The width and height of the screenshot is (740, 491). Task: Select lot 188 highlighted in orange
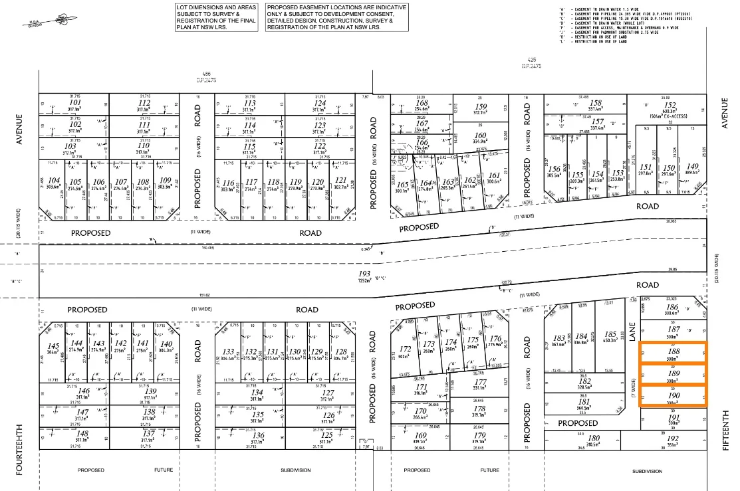tap(674, 351)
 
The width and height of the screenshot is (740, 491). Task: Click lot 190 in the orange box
tap(674, 395)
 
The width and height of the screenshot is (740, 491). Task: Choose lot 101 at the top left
tap(75, 102)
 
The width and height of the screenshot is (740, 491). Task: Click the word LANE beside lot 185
tap(632, 332)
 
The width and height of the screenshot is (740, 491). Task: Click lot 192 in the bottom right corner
tap(674, 438)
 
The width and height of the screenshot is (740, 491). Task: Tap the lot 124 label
tap(320, 103)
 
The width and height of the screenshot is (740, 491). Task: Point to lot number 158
tap(596, 103)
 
